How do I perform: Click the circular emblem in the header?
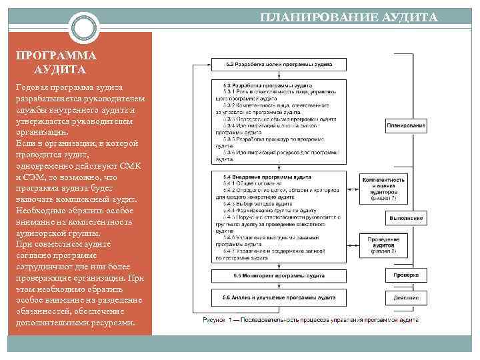85,28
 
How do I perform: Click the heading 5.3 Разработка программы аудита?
255,85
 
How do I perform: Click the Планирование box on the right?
405,126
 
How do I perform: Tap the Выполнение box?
405,218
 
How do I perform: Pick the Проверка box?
405,275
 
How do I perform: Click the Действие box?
405,297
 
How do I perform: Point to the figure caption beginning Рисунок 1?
311,320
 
